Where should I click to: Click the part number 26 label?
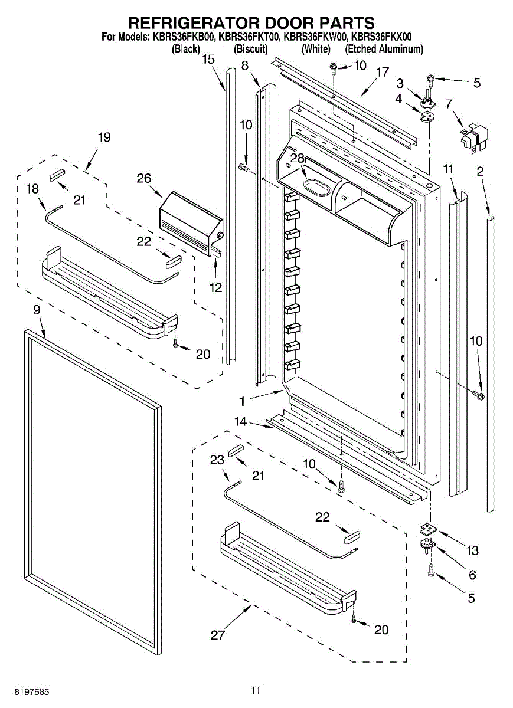tap(144, 178)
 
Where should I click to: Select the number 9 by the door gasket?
tap(37, 309)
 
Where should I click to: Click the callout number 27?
tap(218, 635)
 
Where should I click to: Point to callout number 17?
tap(383, 72)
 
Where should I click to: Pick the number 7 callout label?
tap(449, 104)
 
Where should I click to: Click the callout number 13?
tap(472, 550)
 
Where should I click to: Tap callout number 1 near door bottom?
tap(242, 401)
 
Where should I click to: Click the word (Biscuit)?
tap(251, 50)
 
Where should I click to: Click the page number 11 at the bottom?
tap(255, 690)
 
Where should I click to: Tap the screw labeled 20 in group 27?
tap(353, 619)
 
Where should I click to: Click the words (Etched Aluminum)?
tap(384, 50)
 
